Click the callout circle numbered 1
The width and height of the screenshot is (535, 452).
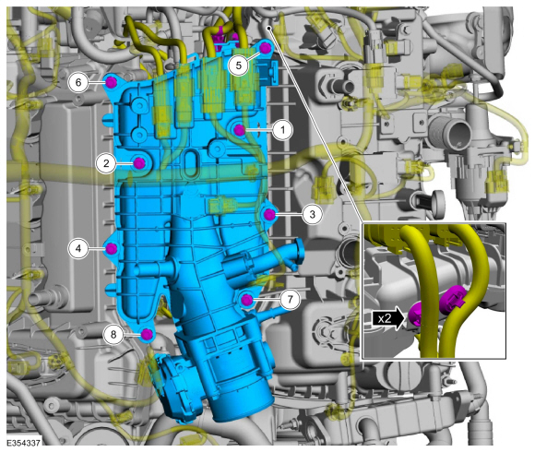tap(282, 130)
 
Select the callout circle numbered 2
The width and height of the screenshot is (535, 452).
tap(106, 163)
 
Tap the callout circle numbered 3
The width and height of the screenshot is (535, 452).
tap(312, 214)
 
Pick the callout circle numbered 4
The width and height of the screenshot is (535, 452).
tap(78, 248)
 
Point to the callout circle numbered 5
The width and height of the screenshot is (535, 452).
tap(239, 65)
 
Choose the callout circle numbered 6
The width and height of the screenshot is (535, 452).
tap(78, 82)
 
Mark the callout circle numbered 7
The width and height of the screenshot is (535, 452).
tap(290, 299)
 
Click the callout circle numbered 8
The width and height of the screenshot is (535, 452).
tap(113, 334)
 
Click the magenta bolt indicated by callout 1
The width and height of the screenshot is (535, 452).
tap(239, 130)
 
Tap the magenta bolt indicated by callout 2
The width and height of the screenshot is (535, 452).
tap(139, 164)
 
